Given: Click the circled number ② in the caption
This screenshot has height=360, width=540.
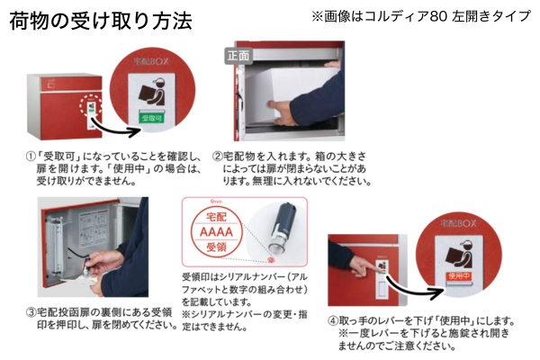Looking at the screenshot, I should tap(217, 156).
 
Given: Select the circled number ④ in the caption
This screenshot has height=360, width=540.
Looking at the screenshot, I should tap(333, 320).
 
